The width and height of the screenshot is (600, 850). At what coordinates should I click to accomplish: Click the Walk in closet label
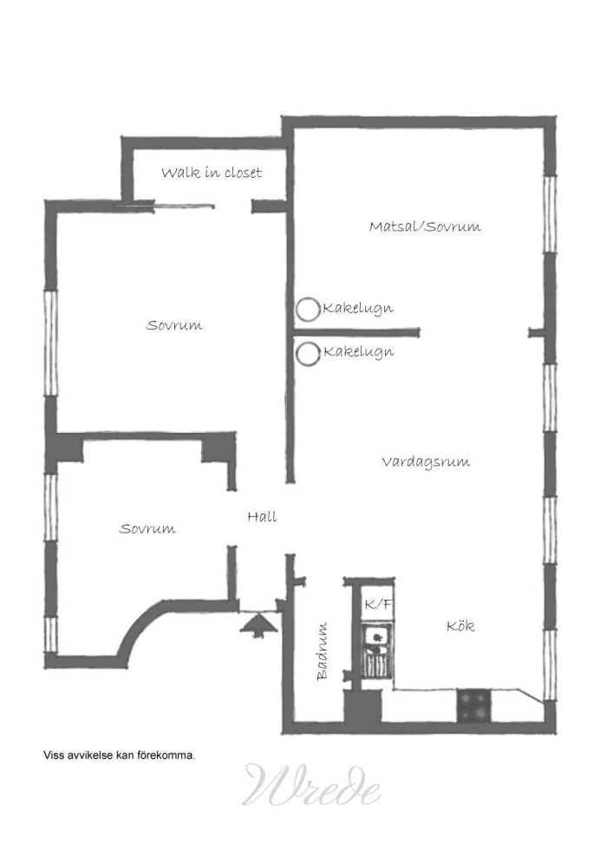(212, 173)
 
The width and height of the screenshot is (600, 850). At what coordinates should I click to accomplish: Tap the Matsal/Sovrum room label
(425, 226)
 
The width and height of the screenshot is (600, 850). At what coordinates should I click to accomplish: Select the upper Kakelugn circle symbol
(308, 310)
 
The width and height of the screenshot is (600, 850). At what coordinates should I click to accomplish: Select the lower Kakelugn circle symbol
(308, 354)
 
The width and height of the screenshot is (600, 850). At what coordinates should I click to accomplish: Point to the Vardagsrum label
(426, 461)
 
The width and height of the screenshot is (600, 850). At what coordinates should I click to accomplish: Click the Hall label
(263, 517)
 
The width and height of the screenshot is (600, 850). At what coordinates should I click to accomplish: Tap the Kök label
(460, 626)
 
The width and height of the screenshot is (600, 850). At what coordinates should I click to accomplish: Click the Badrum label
(323, 651)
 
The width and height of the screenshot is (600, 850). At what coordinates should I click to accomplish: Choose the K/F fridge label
(378, 605)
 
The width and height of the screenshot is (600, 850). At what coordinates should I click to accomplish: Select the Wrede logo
(311, 784)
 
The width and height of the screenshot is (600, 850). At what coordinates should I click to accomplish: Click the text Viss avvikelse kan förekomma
(120, 755)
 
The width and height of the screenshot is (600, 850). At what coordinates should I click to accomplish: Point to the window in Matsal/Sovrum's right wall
(550, 214)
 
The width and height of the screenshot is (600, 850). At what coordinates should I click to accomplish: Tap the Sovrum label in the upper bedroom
(174, 325)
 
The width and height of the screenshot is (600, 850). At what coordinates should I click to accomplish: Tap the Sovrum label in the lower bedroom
(147, 528)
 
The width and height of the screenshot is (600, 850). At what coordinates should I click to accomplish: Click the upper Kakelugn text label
(358, 309)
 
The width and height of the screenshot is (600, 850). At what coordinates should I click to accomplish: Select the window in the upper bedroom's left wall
(50, 343)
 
